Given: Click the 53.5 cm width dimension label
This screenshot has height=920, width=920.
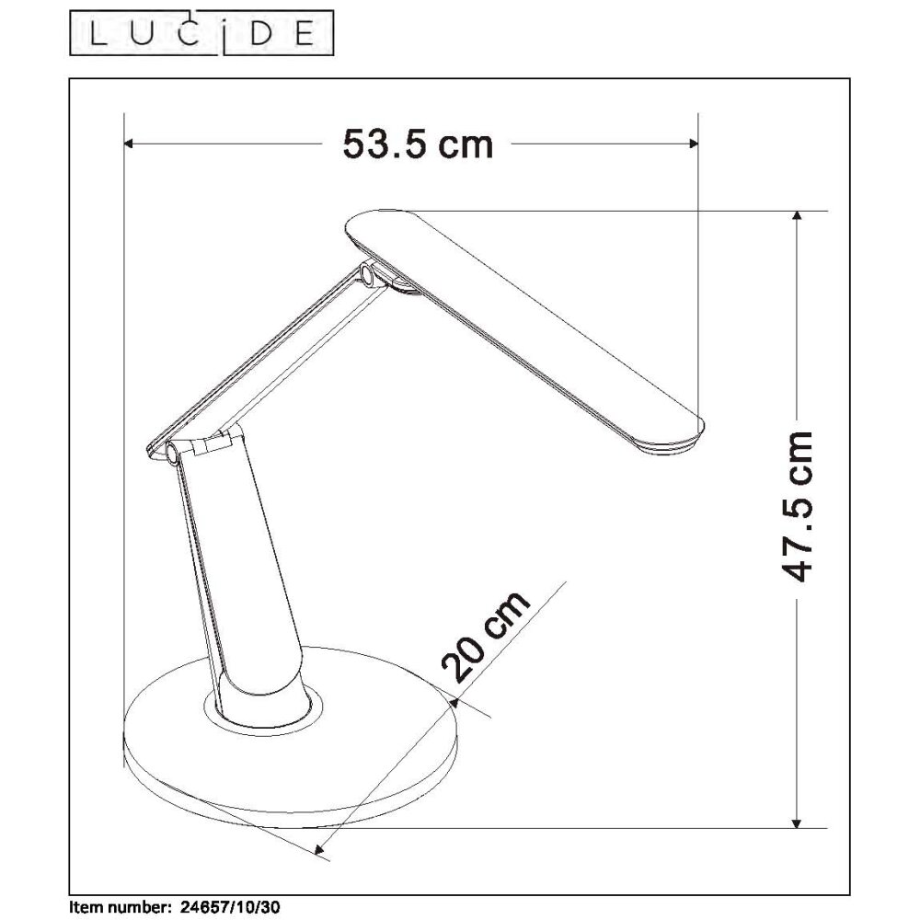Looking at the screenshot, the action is (418, 144).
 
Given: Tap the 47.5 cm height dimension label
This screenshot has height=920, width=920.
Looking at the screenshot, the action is (796, 506).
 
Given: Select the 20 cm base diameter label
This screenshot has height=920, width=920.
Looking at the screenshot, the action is (487, 637).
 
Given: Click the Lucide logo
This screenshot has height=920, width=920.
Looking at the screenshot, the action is (201, 33).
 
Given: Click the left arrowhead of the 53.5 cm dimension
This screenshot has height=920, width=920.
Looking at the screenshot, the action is (131, 144).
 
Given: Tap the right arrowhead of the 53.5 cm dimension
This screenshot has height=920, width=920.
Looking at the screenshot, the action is (693, 144).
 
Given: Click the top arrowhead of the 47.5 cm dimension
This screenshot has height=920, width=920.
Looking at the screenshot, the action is (796, 217).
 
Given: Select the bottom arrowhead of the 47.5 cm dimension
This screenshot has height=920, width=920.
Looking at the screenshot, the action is (796, 822).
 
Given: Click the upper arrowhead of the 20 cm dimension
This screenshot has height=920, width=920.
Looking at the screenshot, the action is (453, 700).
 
